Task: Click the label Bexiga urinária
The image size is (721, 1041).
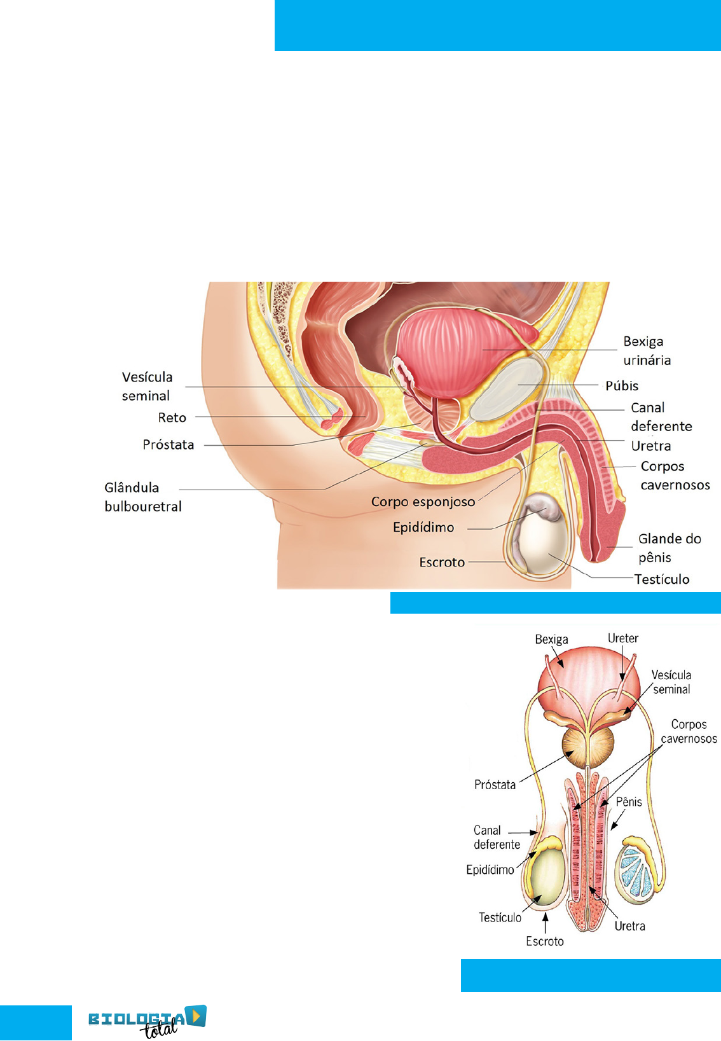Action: (x=647, y=351)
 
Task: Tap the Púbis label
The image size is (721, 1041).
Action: (x=621, y=386)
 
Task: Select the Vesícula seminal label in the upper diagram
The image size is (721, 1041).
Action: (x=147, y=386)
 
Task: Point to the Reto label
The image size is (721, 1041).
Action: (x=172, y=418)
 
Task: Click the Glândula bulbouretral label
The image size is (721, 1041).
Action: (x=143, y=497)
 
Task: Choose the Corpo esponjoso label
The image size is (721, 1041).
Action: (x=423, y=502)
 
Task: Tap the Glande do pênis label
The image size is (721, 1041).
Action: (x=669, y=548)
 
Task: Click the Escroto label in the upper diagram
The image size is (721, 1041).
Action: (x=442, y=562)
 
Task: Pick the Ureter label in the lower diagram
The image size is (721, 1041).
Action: (x=622, y=638)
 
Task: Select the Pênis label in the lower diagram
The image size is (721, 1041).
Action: (x=629, y=802)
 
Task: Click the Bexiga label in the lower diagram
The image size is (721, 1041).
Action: (x=551, y=639)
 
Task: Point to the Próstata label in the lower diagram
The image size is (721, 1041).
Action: (x=495, y=785)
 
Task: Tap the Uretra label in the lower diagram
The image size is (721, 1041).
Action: (x=629, y=926)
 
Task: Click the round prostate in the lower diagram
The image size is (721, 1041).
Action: (x=587, y=748)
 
